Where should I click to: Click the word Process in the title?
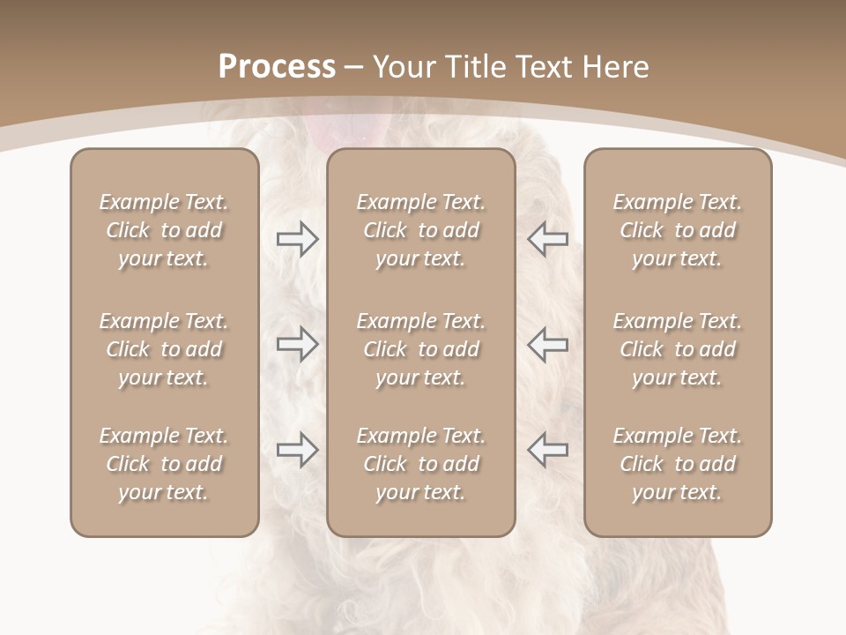point(277,66)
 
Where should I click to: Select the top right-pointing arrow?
point(297,239)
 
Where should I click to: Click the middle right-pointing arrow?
point(297,344)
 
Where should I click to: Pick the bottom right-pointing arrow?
point(297,449)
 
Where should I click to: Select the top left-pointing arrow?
point(548,239)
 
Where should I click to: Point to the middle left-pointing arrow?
point(548,344)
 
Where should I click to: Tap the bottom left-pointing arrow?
point(548,449)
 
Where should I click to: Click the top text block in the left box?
point(164,230)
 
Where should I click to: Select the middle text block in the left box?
point(164,349)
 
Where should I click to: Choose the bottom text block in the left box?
point(164,464)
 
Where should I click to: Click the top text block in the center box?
point(420,230)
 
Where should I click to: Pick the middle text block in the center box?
point(420,349)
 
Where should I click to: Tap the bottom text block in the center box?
point(420,464)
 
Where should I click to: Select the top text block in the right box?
point(677,230)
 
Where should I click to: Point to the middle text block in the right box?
point(677,349)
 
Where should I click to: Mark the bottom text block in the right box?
point(677,464)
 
